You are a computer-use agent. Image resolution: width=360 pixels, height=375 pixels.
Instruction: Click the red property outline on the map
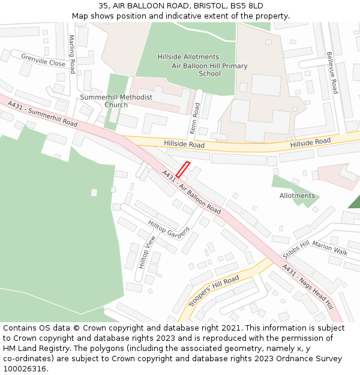(183, 170)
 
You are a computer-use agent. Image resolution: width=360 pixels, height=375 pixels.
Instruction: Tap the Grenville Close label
(43, 60)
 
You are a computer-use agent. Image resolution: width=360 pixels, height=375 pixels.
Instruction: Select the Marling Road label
(72, 50)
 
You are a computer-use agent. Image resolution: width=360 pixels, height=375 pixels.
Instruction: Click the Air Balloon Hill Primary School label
(209, 70)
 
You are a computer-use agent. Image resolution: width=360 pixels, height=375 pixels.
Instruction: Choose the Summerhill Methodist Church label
(116, 101)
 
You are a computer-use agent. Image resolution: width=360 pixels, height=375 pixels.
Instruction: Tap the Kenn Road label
(195, 118)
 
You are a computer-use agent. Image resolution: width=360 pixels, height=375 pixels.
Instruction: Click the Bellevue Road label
(332, 73)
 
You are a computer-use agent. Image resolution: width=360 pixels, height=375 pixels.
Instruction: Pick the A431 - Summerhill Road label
(43, 113)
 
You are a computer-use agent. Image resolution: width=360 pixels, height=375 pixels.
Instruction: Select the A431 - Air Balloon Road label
(191, 191)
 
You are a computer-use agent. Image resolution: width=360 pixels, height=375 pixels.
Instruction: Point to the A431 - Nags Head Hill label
(307, 287)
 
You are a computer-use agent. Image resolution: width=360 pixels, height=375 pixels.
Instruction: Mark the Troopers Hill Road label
(214, 291)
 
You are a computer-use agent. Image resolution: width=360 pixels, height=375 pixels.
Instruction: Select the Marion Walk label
(329, 249)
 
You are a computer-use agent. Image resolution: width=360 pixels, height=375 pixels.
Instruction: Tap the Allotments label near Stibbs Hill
(297, 196)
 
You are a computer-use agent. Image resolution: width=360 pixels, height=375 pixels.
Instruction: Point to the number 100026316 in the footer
(25, 368)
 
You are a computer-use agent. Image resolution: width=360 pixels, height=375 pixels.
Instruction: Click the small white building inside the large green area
(94, 193)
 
